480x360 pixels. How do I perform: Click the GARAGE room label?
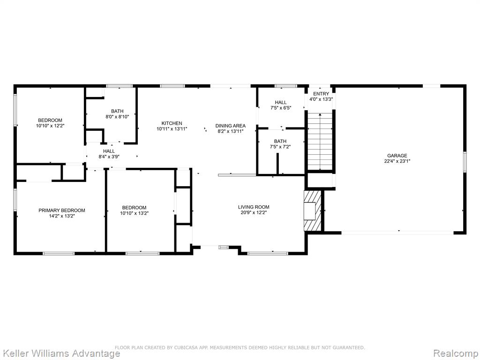397,156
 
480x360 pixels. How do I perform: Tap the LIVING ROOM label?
254,207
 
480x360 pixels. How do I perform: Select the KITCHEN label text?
172,123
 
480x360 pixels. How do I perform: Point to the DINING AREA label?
231,126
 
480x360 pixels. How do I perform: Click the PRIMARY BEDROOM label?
62,210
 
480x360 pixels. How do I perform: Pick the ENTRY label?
321,94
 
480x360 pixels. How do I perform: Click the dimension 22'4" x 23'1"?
397,161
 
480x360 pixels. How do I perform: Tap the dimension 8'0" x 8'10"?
117,117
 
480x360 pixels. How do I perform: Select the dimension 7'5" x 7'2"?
280,147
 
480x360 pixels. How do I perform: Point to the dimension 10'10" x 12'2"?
50,126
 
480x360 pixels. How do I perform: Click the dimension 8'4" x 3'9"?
109,157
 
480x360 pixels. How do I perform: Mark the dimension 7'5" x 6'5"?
281,108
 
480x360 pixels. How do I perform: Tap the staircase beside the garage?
320,141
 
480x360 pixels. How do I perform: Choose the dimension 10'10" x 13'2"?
134,213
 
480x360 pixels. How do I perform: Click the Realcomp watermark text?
456,353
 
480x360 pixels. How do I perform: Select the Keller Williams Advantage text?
60,353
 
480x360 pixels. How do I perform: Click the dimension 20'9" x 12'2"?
254,212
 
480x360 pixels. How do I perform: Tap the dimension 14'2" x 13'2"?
62,216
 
